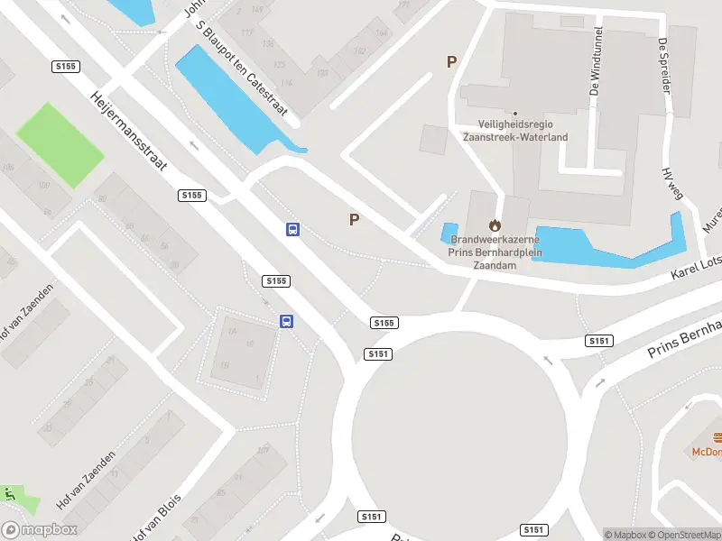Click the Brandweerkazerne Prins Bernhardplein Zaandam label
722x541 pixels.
point(495,252)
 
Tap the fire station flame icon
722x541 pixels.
point(495,225)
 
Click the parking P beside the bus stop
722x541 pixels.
point(355,219)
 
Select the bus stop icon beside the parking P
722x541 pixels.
point(293,229)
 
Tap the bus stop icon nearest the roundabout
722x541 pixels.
point(286,321)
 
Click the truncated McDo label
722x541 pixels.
point(706,451)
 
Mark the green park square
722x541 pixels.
point(59,144)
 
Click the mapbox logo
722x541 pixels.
point(40,529)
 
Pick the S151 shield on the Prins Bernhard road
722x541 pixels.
point(599,340)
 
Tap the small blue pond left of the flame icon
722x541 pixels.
point(449,232)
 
